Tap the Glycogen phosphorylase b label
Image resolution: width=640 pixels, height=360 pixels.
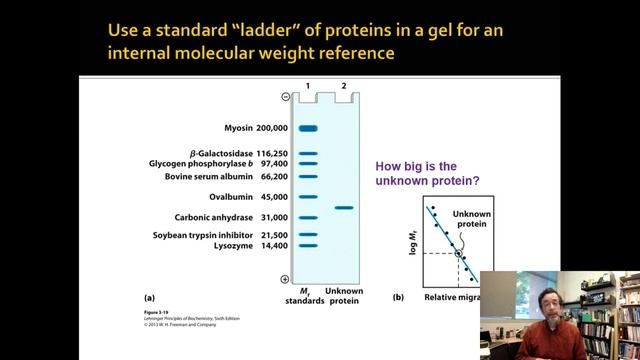[218, 164]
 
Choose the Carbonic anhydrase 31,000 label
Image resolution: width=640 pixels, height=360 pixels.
[231, 217]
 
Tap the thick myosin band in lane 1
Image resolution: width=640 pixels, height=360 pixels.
[307, 128]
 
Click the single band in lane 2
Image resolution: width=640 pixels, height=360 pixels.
[344, 208]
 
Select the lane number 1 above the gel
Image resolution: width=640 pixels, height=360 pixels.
[308, 86]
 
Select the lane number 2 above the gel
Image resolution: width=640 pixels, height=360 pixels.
[344, 86]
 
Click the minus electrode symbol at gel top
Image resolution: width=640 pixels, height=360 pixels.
[286, 97]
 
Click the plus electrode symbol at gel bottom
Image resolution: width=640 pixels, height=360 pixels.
[286, 279]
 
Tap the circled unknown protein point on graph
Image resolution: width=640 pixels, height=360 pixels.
[459, 254]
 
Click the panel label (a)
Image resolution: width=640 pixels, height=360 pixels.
[150, 297]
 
